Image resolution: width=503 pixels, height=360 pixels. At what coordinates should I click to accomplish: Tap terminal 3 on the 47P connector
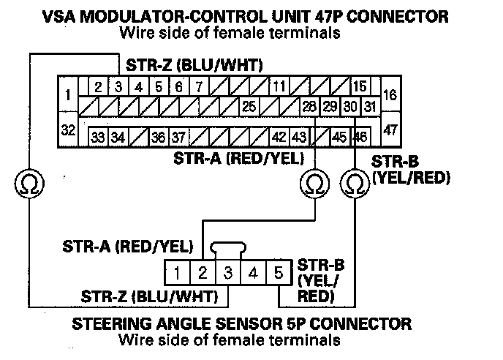coord(118,87)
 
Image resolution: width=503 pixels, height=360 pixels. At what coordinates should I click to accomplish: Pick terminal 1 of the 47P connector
coord(67,95)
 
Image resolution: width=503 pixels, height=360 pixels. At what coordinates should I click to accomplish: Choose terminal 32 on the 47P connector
coord(67,130)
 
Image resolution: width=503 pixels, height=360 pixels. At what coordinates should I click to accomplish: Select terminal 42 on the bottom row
coord(279,137)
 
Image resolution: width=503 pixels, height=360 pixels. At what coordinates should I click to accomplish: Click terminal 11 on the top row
coord(279,87)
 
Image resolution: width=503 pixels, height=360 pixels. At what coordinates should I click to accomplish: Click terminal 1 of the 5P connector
coord(178,274)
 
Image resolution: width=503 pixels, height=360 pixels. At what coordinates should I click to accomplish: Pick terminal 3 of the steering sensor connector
coord(227,274)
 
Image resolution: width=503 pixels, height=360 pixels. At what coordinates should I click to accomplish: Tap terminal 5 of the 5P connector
coord(278,274)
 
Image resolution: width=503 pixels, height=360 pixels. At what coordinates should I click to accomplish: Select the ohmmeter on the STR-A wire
coord(314,181)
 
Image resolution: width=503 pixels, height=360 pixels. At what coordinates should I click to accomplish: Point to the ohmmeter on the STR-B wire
coord(355,181)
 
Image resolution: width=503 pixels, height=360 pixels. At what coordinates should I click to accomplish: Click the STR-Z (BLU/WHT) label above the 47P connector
coord(196,64)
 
